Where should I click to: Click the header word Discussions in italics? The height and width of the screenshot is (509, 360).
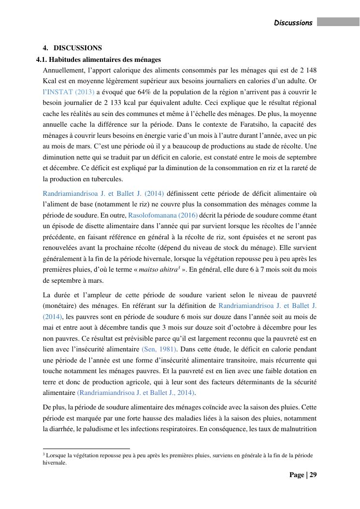point(293,23)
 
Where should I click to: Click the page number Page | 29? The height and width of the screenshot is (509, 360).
point(303,475)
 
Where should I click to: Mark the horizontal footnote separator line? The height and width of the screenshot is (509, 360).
point(86,449)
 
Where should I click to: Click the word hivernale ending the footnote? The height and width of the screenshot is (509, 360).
point(54,463)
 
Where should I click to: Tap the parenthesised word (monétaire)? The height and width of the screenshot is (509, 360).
point(60,305)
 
